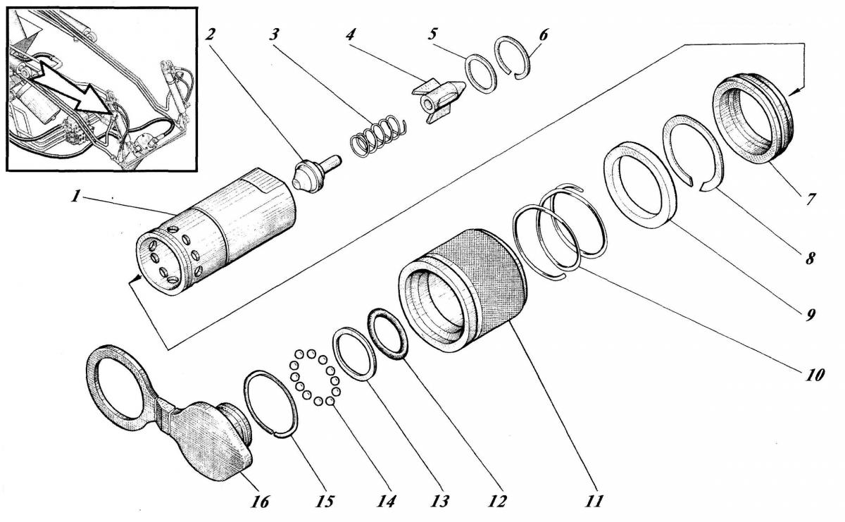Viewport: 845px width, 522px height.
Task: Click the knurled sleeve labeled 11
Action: [x=486, y=289]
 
